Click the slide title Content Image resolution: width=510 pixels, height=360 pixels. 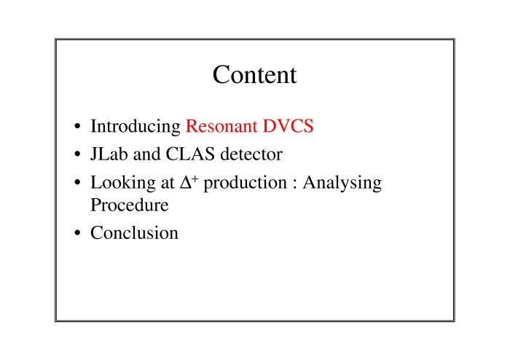click(x=255, y=75)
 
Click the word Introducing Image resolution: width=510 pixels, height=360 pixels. click(x=136, y=127)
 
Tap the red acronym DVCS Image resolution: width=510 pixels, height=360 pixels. click(x=289, y=126)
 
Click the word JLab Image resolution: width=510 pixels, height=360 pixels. click(x=109, y=154)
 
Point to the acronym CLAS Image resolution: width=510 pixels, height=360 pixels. click(x=190, y=154)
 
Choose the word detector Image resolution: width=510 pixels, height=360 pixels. click(x=251, y=154)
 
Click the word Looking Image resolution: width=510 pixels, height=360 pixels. click(x=123, y=183)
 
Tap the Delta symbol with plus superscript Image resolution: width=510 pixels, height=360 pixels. click(x=189, y=181)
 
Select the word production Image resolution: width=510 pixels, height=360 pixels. click(x=246, y=183)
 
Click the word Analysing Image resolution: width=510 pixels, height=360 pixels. click(x=342, y=183)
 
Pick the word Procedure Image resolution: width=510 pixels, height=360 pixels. click(x=130, y=205)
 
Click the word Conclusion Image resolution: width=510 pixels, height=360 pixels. click(x=134, y=233)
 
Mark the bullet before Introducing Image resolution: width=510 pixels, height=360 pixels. click(x=77, y=126)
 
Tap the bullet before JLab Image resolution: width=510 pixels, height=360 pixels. click(x=77, y=154)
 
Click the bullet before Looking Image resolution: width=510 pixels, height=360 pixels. click(x=77, y=182)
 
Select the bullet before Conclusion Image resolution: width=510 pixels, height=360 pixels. click(x=77, y=233)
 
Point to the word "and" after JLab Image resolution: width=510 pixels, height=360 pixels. click(x=146, y=154)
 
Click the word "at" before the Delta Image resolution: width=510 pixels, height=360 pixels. click(x=168, y=183)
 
